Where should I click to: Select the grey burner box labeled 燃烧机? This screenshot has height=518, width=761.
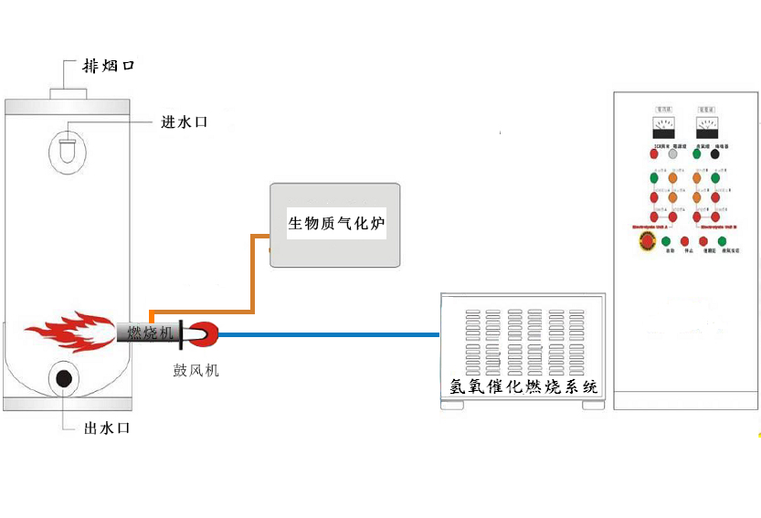pos(148,333)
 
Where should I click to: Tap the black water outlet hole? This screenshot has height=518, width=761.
pos(64,378)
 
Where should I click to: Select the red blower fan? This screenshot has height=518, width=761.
pos(204,334)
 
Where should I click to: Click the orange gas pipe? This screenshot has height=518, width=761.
pos(253,274)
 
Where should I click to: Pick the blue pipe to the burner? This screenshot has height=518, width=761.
pos(329,334)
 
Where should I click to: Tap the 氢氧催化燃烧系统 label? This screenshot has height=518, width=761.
pos(523,386)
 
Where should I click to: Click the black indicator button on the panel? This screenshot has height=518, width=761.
pos(714,153)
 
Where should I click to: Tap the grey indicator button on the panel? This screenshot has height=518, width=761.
pos(673,153)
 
